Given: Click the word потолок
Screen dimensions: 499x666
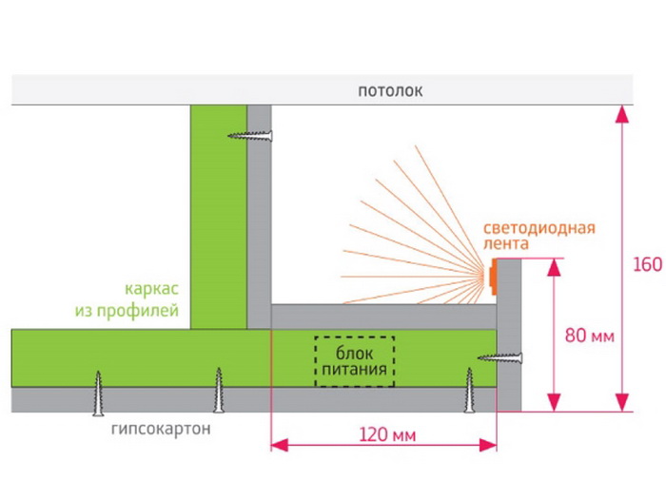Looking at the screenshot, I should coord(389,91).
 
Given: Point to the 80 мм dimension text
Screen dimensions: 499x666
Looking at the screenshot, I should coord(589,335).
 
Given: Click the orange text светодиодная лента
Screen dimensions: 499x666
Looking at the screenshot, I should coord(539,236).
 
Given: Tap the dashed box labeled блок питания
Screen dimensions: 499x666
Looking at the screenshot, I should coord(354,362).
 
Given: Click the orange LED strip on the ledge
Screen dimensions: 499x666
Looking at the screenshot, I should coord(493,277).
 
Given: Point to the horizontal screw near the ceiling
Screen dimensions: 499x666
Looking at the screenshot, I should coord(250,136).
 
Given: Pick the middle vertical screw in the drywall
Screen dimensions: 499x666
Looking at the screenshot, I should coord(219,390).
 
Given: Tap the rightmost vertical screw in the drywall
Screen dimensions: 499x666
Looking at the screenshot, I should coord(469,391).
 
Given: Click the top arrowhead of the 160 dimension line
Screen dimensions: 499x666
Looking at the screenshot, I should coord(623,114).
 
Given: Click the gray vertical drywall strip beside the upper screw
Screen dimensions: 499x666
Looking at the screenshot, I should coord(259,209).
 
